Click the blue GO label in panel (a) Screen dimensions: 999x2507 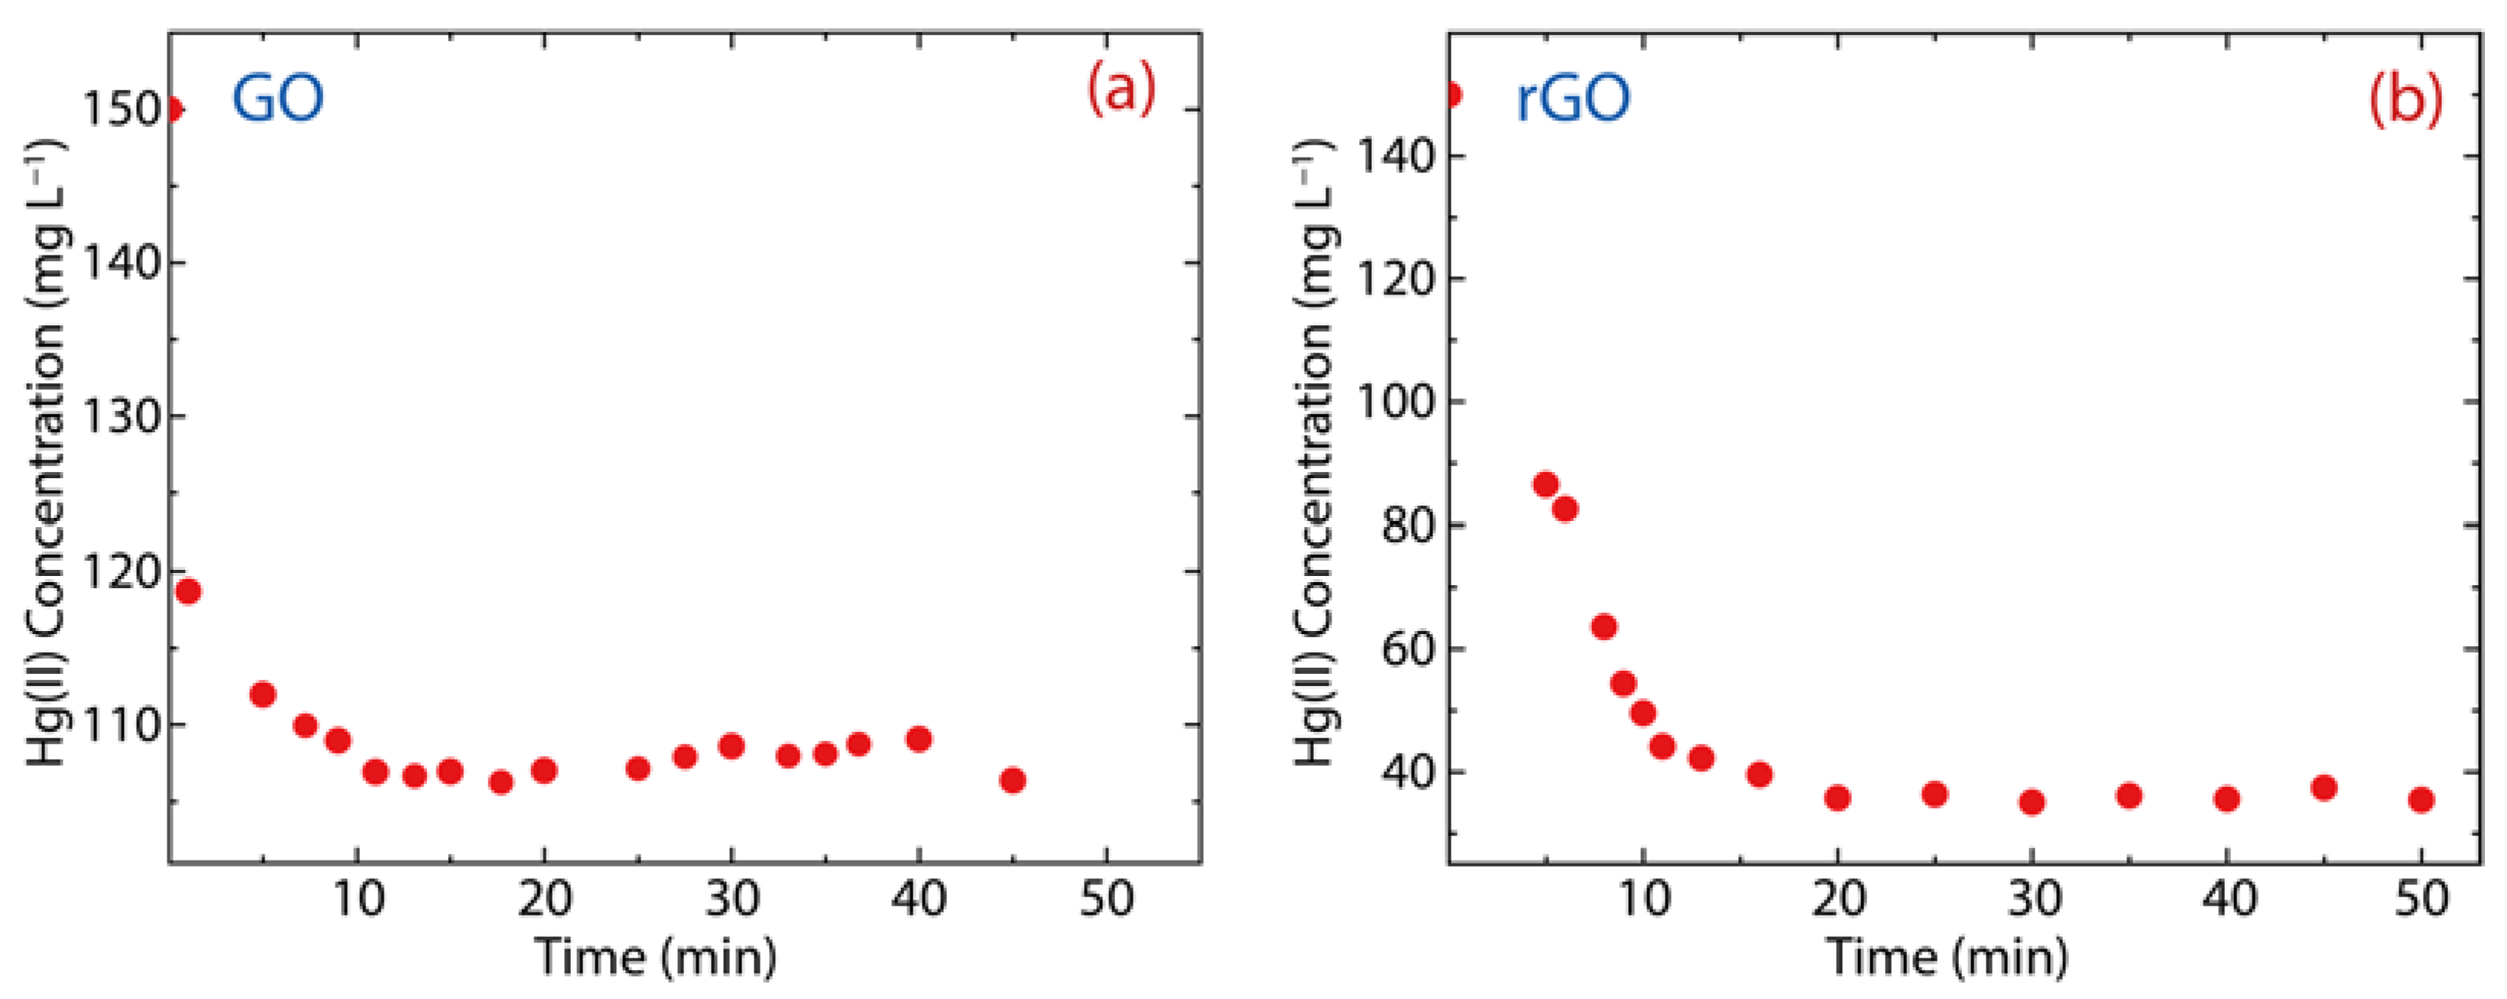point(277,99)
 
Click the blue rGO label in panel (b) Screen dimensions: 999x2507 point(1574,99)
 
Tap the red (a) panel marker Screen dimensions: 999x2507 point(1121,89)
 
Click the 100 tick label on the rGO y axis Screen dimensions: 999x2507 point(1396,401)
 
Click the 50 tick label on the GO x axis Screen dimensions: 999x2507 point(1107,898)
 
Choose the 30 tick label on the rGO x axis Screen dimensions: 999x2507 point(2033,898)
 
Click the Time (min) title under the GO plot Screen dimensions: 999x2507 point(656,957)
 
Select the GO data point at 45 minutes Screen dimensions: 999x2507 point(1012,780)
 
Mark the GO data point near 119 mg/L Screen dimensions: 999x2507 point(188,591)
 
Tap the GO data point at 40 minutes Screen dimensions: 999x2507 point(919,739)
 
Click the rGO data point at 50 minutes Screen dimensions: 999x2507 point(2421,800)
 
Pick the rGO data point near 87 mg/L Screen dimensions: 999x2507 point(1545,484)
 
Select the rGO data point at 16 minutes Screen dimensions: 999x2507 point(1759,775)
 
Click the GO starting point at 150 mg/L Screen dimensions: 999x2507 point(172,110)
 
